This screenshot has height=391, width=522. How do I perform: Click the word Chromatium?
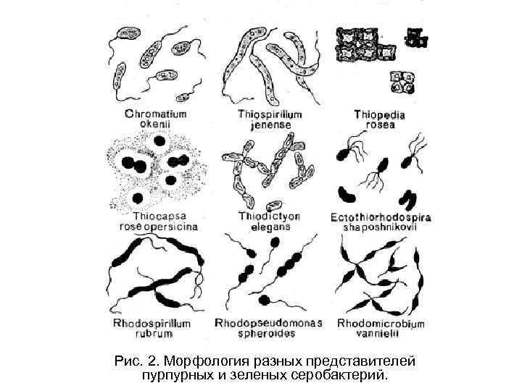(156, 114)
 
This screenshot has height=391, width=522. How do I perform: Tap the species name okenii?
(155, 124)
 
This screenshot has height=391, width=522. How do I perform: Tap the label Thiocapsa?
(158, 216)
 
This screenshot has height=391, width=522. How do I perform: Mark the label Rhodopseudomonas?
(269, 323)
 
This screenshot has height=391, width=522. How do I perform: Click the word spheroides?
(269, 334)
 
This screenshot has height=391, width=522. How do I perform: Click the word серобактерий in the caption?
(347, 375)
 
